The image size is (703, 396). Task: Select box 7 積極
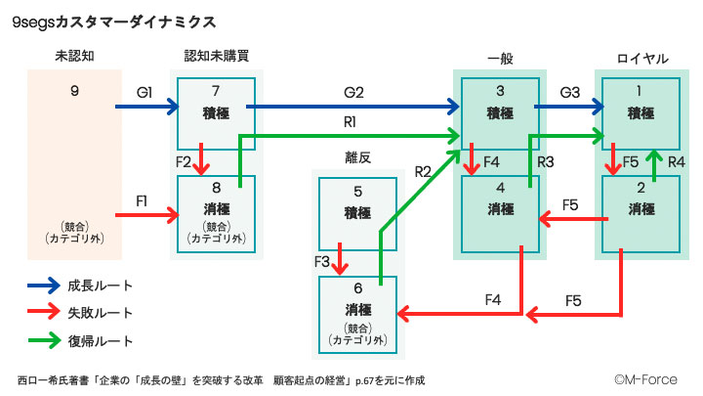[x=217, y=112]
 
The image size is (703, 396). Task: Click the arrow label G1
[x=145, y=93]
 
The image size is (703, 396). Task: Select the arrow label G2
[x=352, y=93]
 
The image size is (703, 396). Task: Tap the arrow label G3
[x=569, y=93]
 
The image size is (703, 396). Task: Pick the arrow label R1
[x=350, y=122]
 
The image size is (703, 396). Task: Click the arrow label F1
[x=142, y=200]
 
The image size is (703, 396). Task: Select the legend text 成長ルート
[x=100, y=286]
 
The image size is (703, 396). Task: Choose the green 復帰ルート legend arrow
[x=43, y=341]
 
